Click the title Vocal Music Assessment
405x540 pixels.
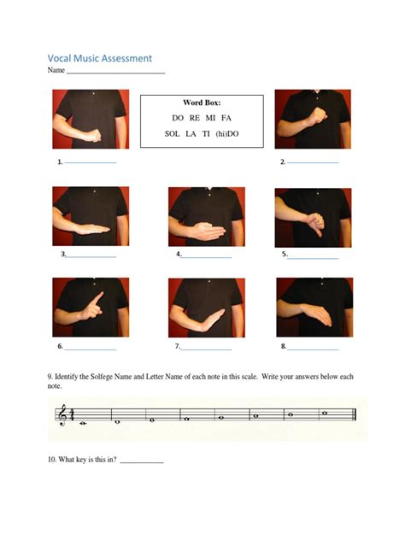point(99,59)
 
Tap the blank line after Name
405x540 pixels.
point(115,73)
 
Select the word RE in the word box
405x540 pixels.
point(195,118)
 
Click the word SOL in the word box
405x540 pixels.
point(173,133)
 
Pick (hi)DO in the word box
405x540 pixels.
point(227,133)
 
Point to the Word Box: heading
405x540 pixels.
point(202,103)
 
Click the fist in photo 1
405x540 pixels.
point(92,136)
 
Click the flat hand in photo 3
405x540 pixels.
point(92,229)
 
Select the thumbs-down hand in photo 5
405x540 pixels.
point(315,224)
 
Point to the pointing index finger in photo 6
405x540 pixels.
point(98,298)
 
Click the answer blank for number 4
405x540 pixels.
point(206,257)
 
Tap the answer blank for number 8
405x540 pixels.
point(313,349)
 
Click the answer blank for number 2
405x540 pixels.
point(313,162)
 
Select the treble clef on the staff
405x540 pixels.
point(62,414)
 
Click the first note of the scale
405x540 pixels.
point(83,423)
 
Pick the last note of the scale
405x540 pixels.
point(325,413)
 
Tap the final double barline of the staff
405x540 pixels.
point(355,414)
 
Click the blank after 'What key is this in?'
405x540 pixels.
point(142,462)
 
